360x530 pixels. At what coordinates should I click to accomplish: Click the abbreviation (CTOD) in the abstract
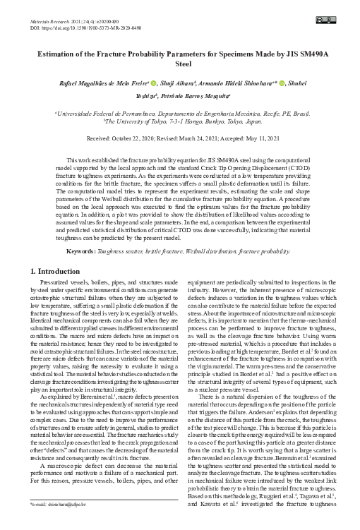[x=315, y=169]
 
